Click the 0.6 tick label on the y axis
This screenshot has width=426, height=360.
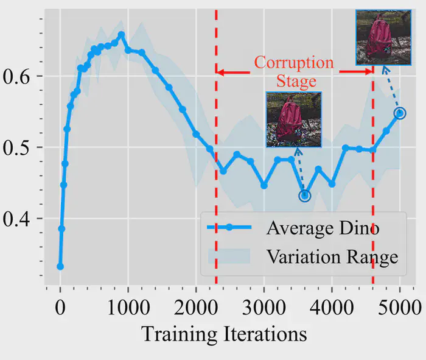coord(16,76)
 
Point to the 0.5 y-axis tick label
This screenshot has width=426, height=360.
coord(16,148)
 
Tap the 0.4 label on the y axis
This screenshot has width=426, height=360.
coord(16,219)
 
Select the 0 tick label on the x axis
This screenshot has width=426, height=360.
coord(60,308)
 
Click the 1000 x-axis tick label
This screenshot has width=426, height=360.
coord(128,308)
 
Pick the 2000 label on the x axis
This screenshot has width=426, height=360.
coord(196,308)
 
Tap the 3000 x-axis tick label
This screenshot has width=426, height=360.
coord(264,308)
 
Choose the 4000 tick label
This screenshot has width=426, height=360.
coord(332,308)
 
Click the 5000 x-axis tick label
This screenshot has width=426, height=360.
coord(400,308)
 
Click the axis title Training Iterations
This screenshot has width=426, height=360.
coord(224,334)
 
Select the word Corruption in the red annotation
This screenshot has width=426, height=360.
coord(294,63)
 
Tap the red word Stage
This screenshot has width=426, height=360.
coord(296,81)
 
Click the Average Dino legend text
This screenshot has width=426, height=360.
coord(323,228)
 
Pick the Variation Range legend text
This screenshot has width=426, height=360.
coord(332,257)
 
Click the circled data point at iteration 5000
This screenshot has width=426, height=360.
coord(400,113)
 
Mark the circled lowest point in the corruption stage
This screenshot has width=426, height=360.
coord(305,196)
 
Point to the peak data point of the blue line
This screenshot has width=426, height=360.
coord(122,35)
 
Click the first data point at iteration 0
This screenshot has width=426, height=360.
coord(60,266)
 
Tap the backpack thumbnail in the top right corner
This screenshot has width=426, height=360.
coord(383,38)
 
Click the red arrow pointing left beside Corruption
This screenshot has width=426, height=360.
coord(234,72)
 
